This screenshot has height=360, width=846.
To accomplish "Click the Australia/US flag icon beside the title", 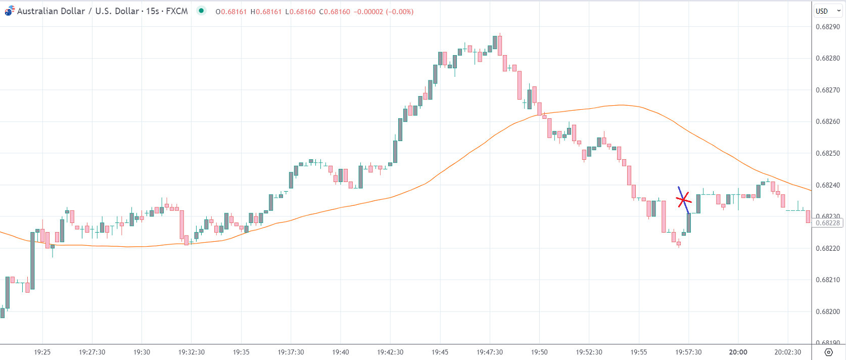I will coord(10,11).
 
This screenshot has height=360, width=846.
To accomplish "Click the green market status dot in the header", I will coord(201,11).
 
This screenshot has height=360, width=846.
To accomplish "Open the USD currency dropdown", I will coord(827,11).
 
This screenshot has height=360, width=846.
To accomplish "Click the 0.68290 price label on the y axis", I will coord(828,27).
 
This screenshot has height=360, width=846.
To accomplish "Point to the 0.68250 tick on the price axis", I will coord(828,153).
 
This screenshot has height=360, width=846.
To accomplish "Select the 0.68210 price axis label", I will coord(828,280).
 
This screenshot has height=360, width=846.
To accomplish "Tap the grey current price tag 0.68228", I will coord(827,223).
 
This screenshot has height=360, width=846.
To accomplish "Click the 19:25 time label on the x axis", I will coord(42,352).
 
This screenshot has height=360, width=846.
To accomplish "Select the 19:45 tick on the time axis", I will coord(440,352).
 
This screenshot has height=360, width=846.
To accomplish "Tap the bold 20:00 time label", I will coord(738,352).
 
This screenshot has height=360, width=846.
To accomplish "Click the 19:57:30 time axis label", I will coord(688,352).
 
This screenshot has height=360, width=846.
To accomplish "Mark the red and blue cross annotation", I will coord(683,200).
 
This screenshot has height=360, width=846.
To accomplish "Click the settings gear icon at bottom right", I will coord(828,352).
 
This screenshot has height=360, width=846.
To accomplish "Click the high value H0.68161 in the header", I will coord(266,12).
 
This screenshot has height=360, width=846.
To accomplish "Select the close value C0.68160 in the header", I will coord(335,12).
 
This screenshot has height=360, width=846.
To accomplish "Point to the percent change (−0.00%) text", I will coord(399,12).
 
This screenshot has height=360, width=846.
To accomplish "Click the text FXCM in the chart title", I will coord(177,11).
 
